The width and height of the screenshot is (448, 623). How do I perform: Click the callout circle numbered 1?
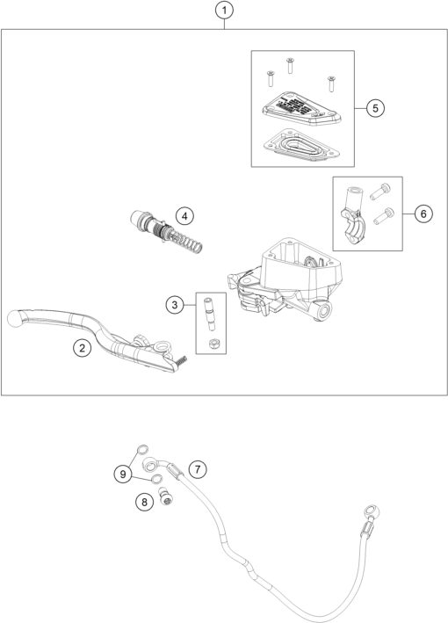click(x=226, y=11)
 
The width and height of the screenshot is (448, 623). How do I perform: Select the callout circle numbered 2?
click(x=81, y=349)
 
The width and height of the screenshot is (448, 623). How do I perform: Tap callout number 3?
click(x=176, y=305)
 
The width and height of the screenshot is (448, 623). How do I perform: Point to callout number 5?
click(x=374, y=108)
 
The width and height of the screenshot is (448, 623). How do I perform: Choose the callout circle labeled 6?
click(x=423, y=214)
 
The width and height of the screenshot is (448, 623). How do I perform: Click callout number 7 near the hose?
click(x=199, y=469)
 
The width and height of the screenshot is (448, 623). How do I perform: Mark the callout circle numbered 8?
click(x=143, y=502)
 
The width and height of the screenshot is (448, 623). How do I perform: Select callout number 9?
click(x=123, y=474)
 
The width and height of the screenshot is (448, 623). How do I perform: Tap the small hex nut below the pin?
click(x=212, y=340)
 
